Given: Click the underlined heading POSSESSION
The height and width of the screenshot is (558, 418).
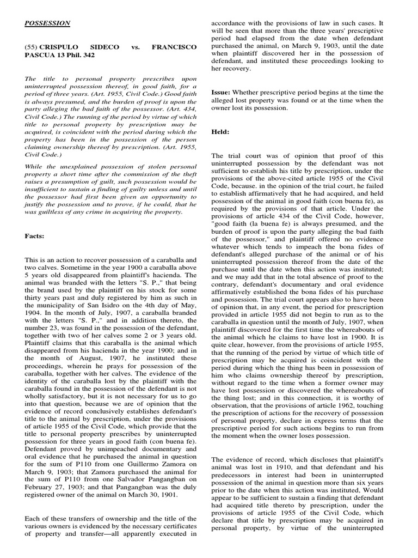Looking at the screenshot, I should click(47, 23).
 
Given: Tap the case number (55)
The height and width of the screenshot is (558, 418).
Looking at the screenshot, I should click(32, 47).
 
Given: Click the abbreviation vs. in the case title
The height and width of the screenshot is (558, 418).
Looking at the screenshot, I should click(136, 47).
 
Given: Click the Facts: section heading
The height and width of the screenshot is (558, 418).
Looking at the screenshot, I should click(36, 236).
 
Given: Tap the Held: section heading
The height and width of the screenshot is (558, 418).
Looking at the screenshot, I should click(220, 132).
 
